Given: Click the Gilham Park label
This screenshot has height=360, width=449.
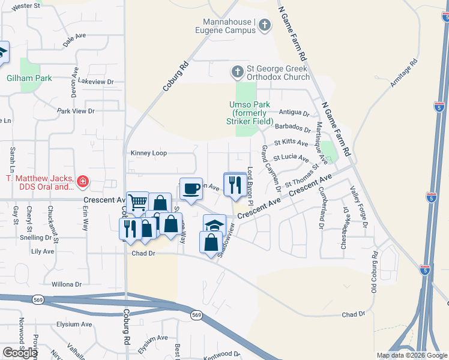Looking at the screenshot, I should click(x=29, y=78).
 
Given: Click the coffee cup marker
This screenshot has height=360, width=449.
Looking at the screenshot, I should click(x=191, y=189).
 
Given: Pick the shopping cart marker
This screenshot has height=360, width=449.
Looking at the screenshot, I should click(x=137, y=202).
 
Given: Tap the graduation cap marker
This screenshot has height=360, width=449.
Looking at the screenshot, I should click(x=214, y=225).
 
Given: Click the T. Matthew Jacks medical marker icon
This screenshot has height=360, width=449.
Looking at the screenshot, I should click(x=82, y=181).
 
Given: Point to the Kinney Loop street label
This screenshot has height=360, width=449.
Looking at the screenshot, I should click(x=149, y=154).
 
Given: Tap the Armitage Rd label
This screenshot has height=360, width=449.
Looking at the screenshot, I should click(x=403, y=73).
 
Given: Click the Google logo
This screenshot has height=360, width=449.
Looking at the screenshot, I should click(x=20, y=352).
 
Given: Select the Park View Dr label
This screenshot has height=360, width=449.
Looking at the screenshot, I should click(x=76, y=111).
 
